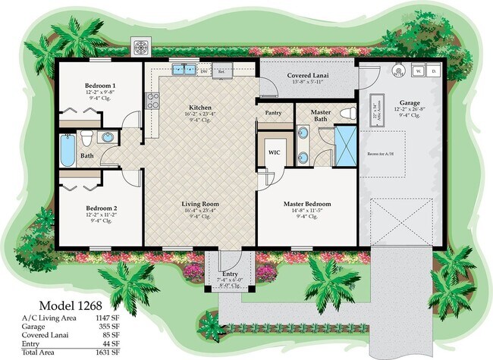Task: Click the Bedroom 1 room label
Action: tap(100, 86)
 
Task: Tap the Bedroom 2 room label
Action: tap(100, 208)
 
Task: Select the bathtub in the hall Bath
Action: tap(68, 151)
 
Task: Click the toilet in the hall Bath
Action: tap(87, 138)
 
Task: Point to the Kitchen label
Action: tap(200, 108)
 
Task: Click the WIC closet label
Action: tap(274, 151)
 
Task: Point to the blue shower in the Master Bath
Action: tap(346, 146)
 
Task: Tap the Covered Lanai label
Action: tap(306, 76)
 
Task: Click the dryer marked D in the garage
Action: tap(434, 70)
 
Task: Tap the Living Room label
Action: tap(200, 205)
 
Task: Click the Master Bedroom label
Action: tap(306, 205)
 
